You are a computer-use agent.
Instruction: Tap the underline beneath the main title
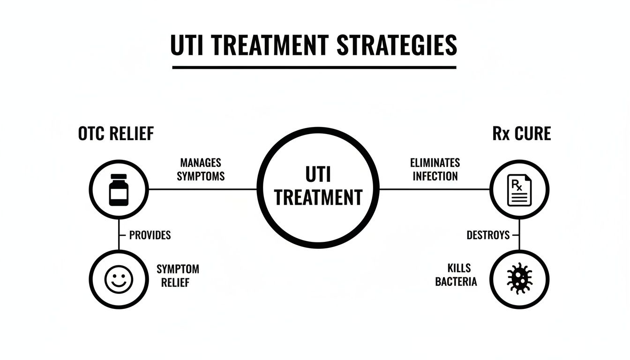pos(314,67)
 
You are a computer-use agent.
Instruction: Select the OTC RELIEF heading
pos(116,134)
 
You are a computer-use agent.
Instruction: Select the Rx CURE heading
pos(521,134)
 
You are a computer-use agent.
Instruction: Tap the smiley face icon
pos(119,279)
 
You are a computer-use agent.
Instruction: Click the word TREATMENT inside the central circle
pos(318,197)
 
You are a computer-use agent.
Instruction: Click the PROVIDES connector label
pos(150,235)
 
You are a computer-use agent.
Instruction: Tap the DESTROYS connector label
pos(488,235)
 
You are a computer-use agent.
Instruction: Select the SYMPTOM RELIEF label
pos(178,276)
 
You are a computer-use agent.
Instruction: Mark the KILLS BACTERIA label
pos(456,275)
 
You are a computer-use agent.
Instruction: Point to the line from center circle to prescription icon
pos(434,189)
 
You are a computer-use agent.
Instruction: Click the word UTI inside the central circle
pos(318,174)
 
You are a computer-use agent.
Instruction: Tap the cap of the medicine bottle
pos(119,177)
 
